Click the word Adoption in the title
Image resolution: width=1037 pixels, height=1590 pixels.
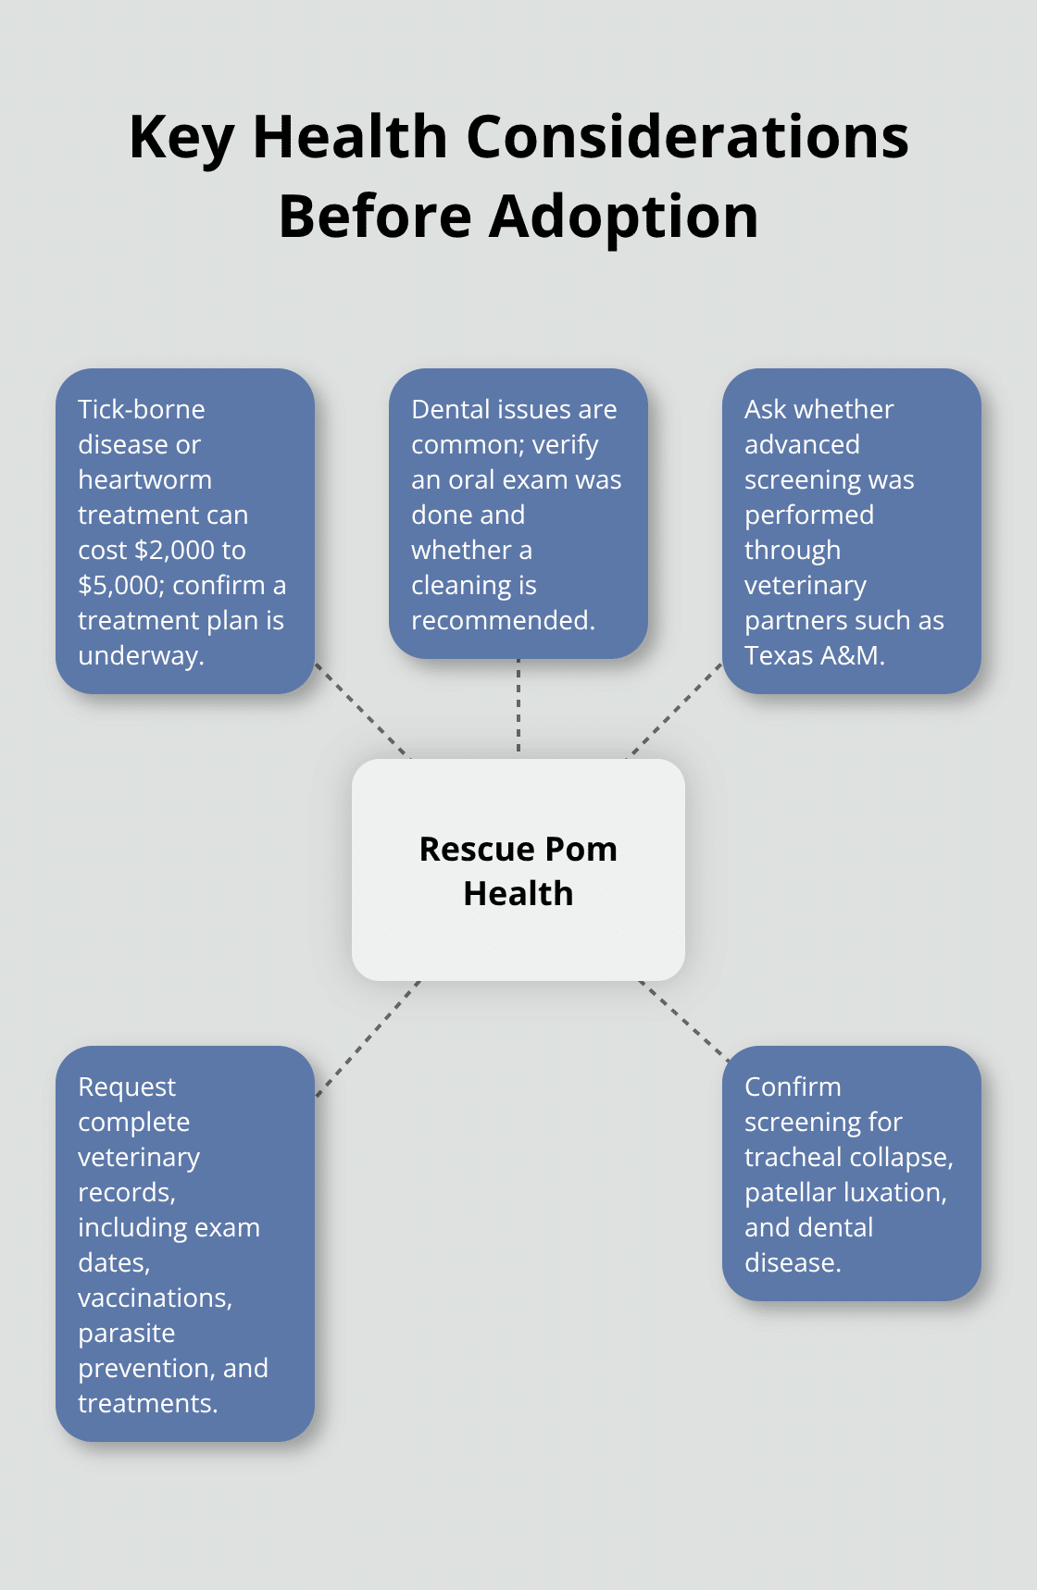coord(623,217)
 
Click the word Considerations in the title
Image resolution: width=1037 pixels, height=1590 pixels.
coord(687,137)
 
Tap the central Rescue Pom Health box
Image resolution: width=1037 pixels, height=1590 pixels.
coord(518,870)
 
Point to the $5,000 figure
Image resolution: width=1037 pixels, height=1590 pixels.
coord(120,585)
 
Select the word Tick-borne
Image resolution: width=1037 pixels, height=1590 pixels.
coord(142,409)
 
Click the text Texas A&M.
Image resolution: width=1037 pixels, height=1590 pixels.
coord(815,655)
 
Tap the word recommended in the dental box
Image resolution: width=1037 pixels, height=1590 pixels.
coord(502,620)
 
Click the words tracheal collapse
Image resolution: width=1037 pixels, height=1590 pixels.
coord(847,1157)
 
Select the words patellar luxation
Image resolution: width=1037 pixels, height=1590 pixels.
coord(844,1192)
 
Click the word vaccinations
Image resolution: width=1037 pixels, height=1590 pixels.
coord(154,1298)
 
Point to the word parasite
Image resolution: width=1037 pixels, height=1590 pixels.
coord(127,1333)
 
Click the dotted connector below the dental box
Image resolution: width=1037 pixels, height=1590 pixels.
coord(518,705)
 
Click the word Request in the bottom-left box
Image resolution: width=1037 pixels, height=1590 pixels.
coord(127,1087)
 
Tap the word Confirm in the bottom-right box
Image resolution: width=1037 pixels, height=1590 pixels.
coord(793,1087)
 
